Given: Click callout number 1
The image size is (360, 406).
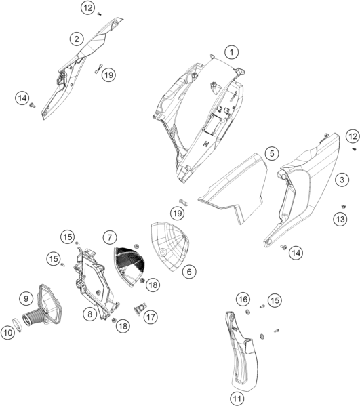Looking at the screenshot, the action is [x=232, y=52].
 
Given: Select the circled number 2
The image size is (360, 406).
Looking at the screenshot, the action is [x=77, y=39].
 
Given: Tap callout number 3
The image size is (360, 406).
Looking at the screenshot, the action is [x=342, y=180].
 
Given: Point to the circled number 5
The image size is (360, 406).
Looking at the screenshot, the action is [x=272, y=154].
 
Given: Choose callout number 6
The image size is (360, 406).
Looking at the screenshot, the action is [x=189, y=272].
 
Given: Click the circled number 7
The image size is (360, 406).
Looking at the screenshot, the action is [x=110, y=237].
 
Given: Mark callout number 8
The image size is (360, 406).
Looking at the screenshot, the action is [x=90, y=314].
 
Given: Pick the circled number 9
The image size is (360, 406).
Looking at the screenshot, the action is [x=26, y=298].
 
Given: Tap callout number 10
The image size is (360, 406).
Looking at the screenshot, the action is [x=7, y=332].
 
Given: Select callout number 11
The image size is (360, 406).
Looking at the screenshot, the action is [x=237, y=399].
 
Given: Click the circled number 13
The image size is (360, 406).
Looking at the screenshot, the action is [x=340, y=220].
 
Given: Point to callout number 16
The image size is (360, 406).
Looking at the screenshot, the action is [x=243, y=300].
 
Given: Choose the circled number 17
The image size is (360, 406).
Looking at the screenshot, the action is [x=151, y=317].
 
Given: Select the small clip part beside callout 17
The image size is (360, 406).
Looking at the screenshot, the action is [x=140, y=308].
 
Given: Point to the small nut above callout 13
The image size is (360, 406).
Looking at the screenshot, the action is [x=344, y=206].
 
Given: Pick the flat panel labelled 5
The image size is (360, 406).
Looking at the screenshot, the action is [x=233, y=188].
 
